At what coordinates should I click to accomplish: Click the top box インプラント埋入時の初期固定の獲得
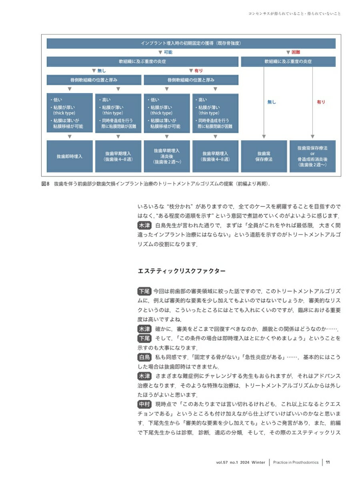coord(191,43)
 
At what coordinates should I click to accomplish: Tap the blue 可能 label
coord(168,52)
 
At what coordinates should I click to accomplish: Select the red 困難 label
coord(295,52)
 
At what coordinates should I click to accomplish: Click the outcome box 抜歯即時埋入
coord(70,156)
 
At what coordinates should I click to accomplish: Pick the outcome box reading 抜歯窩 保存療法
coord(264,156)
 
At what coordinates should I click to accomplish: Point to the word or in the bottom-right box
coord(312,153)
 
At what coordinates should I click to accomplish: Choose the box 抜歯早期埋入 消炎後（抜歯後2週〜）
coord(167,156)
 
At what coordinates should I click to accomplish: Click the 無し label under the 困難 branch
coord(272,102)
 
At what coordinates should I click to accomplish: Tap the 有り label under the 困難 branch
coord(321,102)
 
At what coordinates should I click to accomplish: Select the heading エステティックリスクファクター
coord(181,271)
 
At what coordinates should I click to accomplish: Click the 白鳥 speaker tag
coord(144,357)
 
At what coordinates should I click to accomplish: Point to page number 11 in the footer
coord(328,462)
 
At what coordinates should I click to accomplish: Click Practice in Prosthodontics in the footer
coord(296,462)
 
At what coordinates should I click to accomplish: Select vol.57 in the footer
coord(222,462)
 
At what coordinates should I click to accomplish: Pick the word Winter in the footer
coord(258,462)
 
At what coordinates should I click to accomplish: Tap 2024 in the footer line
coord(245,462)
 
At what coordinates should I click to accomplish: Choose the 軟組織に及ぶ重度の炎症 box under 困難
coord(288,62)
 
